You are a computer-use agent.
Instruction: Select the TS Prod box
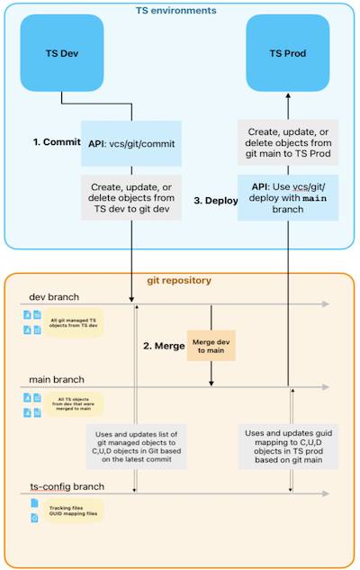pyautogui.click(x=289, y=53)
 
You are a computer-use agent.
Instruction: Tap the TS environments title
pyautogui.click(x=179, y=11)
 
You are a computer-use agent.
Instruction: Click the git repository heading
pyautogui.click(x=179, y=280)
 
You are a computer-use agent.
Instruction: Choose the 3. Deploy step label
pyautogui.click(x=213, y=200)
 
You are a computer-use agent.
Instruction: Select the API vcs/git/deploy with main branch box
pyautogui.click(x=289, y=197)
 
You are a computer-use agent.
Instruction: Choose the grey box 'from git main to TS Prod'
pyautogui.click(x=289, y=144)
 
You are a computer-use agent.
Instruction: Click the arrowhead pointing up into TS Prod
pyautogui.click(x=289, y=93)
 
